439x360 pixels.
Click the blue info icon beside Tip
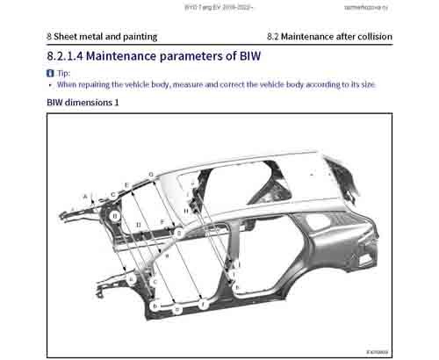tap(50, 74)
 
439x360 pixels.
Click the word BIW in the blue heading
tap(244, 56)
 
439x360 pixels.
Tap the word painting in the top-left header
tap(138, 37)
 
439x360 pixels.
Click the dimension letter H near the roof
tap(187, 211)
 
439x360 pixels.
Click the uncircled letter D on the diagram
tap(139, 226)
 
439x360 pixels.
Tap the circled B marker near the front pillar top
tap(114, 215)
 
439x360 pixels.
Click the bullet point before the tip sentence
tap(50, 85)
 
